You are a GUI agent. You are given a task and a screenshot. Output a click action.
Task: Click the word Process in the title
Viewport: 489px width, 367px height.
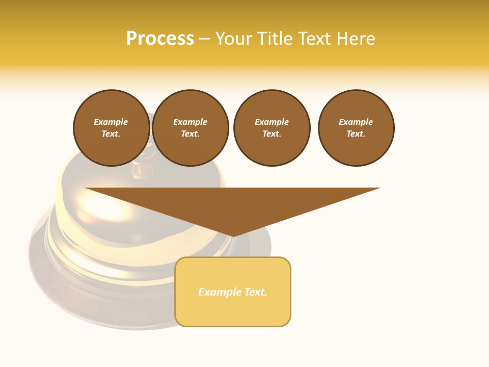160,39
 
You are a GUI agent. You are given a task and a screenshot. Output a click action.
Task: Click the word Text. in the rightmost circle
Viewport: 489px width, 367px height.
356,134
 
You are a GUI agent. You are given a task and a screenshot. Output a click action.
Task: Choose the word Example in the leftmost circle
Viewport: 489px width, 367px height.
111,122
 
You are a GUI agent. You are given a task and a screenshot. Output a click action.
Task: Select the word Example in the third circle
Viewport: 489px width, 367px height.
271,122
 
